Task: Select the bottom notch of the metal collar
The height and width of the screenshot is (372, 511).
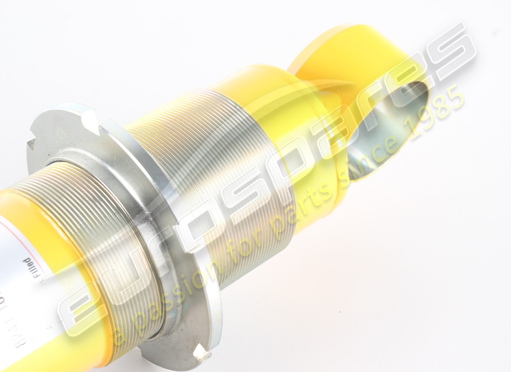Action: pyautogui.click(x=202, y=353)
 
